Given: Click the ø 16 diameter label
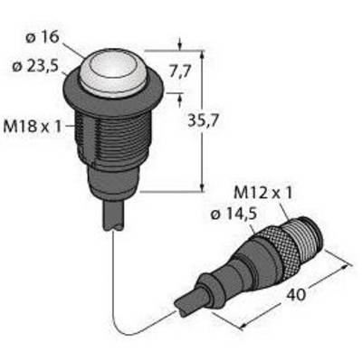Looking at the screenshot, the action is coord(43,38).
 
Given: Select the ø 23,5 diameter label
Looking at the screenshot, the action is coord(35,66).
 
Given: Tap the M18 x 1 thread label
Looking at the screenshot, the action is coord(32,126).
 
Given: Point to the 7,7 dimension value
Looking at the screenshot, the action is coord(180,71).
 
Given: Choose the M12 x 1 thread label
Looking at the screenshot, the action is coord(263,194).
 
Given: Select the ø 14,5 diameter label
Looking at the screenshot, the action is coord(233,214).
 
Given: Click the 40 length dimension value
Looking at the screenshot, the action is coord(296,294).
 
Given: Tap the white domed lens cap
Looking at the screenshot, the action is coord(113,72).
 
